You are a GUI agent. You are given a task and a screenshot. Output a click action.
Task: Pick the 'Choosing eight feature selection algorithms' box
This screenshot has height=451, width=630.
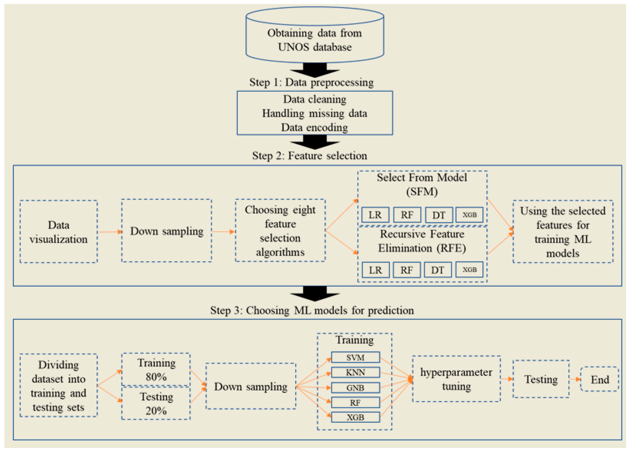coord(280,230)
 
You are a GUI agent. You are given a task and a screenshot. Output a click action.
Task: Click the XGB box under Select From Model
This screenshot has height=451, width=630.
coord(469,215)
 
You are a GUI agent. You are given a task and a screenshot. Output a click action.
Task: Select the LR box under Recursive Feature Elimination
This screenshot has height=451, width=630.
coord(375,270)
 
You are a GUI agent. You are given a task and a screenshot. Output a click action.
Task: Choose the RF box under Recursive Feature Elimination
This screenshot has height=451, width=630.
coord(407,270)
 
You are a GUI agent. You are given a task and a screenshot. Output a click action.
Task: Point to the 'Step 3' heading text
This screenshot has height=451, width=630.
coord(312,310)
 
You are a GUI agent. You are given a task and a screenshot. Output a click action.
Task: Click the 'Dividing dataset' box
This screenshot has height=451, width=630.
coord(59,386)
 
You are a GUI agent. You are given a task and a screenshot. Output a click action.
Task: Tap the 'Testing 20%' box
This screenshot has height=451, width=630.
coord(156,403)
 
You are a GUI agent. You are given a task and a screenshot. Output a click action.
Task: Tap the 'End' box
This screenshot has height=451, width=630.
coord(599,379)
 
